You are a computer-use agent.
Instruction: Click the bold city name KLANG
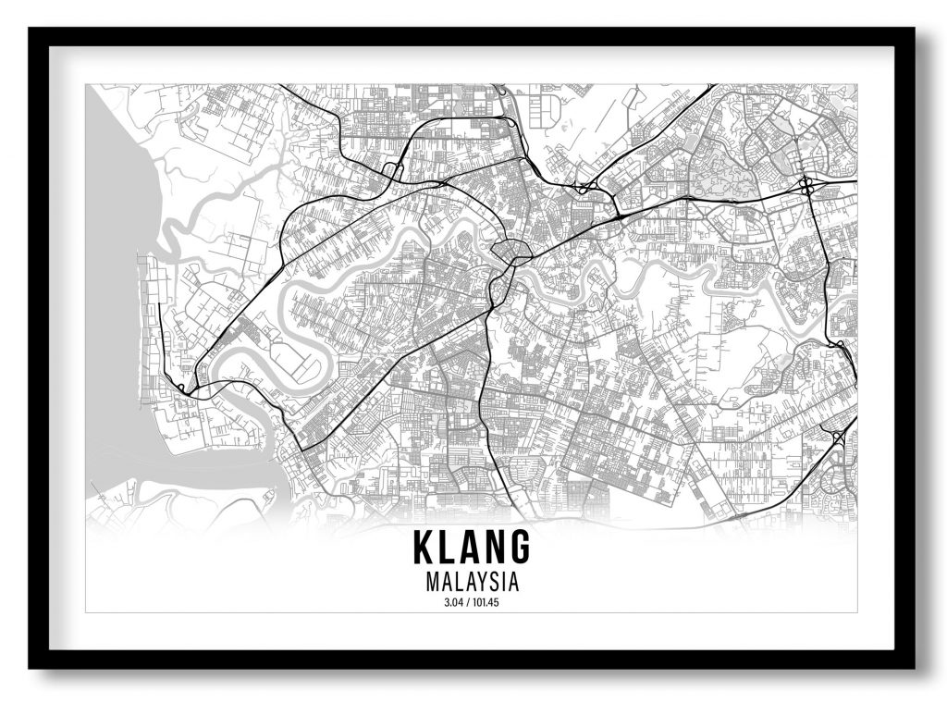click(473, 548)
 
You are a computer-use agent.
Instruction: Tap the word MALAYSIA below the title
click(473, 584)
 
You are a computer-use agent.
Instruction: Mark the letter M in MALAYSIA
click(434, 584)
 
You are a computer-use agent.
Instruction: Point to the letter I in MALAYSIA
click(503, 584)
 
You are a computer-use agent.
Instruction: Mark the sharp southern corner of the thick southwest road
click(301, 449)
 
